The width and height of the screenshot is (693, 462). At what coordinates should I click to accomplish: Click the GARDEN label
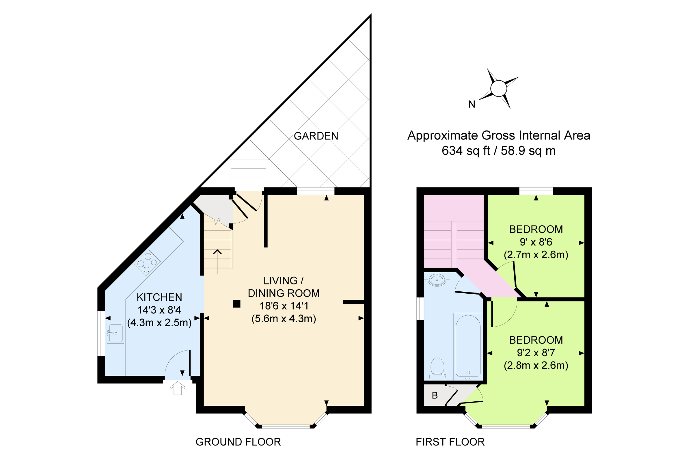pos(316,136)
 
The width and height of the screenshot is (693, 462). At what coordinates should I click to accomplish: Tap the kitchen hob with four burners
pos(147,263)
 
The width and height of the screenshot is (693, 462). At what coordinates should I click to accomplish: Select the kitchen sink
pos(115,333)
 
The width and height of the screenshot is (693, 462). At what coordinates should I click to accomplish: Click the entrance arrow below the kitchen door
pos(177,388)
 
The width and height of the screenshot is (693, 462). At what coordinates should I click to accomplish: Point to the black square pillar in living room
pos(236,304)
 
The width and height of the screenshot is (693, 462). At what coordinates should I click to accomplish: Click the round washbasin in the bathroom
pos(437,279)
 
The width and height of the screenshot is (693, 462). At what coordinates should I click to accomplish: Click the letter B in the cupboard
pos(435,396)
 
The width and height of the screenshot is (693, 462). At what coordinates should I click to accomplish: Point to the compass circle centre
pos(499,88)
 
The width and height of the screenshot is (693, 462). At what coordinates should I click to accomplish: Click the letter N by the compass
pos(472,104)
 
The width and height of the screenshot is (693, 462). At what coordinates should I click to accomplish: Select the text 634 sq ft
pos(465,151)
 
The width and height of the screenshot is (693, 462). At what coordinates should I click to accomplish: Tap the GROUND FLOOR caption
pos(238,442)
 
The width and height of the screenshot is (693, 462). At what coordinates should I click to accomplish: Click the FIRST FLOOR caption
pos(450,442)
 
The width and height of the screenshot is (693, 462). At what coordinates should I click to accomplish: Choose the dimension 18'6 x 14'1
pos(284,306)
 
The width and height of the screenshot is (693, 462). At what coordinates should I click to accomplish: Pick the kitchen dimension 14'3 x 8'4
pos(159,310)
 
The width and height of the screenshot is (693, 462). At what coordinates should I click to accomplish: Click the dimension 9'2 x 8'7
pos(536,353)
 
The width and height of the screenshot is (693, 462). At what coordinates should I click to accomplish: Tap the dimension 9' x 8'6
pos(536,242)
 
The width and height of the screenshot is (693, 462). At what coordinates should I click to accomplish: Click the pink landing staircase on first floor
pos(454,233)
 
